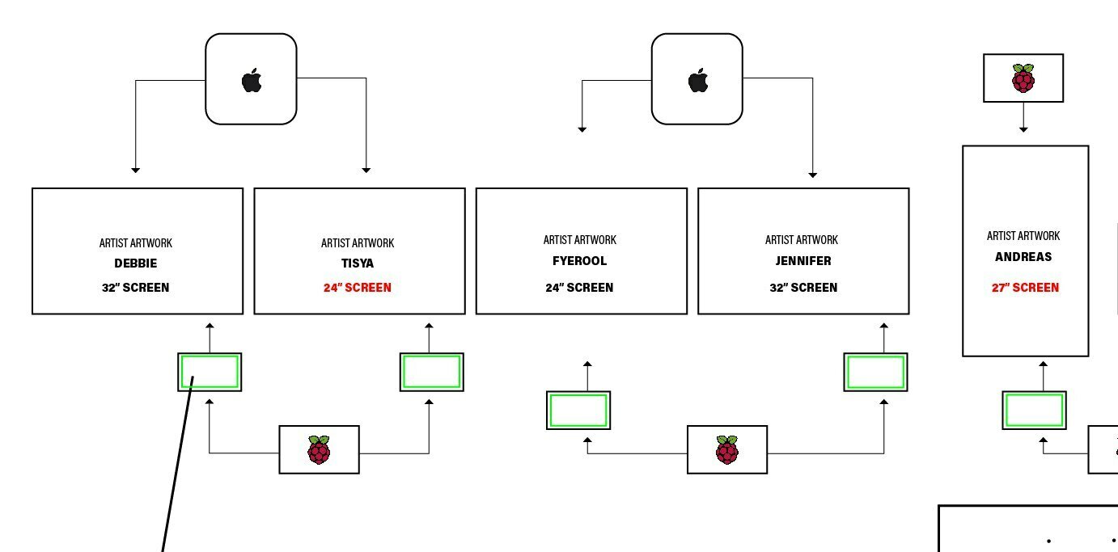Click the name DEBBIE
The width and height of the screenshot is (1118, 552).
point(136,263)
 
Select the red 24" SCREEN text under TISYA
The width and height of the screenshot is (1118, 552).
point(358,288)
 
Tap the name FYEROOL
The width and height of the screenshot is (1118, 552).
point(579,261)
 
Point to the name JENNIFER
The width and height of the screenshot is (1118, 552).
point(803,261)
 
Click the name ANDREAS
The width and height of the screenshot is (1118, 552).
point(1023,257)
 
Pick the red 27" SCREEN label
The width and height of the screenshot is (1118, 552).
point(1025,288)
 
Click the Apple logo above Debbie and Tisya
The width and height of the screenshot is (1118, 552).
point(252,81)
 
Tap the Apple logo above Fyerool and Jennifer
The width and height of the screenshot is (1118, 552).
point(698,81)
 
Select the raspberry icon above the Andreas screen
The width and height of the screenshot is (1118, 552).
point(1023,78)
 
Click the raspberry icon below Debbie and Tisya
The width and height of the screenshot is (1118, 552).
point(319,449)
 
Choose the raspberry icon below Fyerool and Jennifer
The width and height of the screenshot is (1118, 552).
point(726,449)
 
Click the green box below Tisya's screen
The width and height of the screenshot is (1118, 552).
point(432,372)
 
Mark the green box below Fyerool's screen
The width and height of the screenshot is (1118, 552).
point(578,411)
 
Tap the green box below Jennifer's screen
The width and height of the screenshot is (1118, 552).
point(875,372)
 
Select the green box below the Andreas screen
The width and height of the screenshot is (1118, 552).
point(1034,410)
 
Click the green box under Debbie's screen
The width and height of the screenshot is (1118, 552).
point(210,372)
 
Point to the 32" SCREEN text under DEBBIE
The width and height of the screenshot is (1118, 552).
point(136,288)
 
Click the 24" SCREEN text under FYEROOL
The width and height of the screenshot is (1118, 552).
point(579,288)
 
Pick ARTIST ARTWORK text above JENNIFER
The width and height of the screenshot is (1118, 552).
point(802,240)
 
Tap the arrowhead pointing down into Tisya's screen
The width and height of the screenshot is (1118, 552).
point(366,170)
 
